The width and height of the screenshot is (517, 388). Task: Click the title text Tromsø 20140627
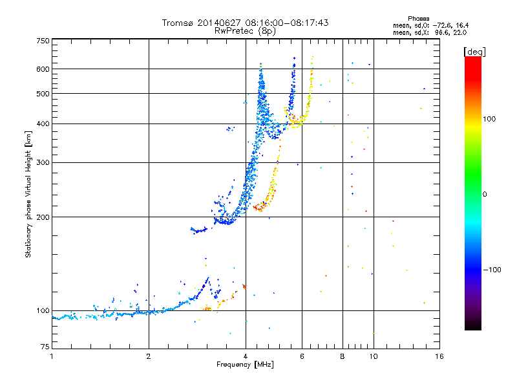pyautogui.click(x=213, y=23)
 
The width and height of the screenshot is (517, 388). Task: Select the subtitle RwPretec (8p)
pyautogui.click(x=245, y=30)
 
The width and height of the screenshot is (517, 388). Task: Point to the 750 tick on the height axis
pyautogui.click(x=43, y=41)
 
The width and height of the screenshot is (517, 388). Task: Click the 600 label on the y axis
pyautogui.click(x=43, y=69)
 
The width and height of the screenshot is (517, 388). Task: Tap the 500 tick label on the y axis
pyautogui.click(x=43, y=94)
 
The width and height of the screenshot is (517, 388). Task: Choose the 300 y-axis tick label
pyautogui.click(x=43, y=163)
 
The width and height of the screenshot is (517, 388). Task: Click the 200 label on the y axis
pyautogui.click(x=43, y=217)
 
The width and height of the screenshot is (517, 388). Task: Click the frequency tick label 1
pyautogui.click(x=52, y=356)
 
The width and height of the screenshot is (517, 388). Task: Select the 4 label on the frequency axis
pyautogui.click(x=246, y=356)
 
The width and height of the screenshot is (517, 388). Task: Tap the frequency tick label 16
pyautogui.click(x=439, y=356)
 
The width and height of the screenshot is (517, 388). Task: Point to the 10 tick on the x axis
pyautogui.click(x=373, y=356)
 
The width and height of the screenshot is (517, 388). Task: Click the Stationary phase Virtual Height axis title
pyautogui.click(x=28, y=195)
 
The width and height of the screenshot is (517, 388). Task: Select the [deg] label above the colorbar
pyautogui.click(x=475, y=51)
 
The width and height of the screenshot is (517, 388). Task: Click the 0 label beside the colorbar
pyautogui.click(x=487, y=194)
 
